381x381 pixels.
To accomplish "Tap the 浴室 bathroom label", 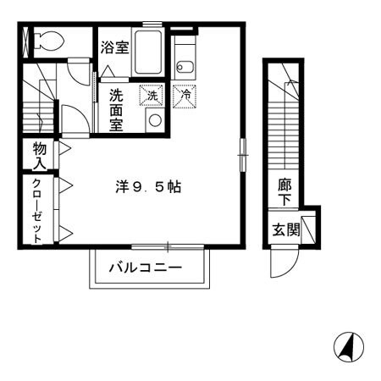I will [114, 47].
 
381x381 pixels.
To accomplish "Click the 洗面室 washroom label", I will [117, 108].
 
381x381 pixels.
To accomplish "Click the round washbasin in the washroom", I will [154, 119].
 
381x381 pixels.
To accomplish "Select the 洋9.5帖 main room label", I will [148, 187].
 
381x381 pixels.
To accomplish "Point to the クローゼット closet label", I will [37, 211].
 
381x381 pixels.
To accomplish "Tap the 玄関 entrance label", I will [285, 229].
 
